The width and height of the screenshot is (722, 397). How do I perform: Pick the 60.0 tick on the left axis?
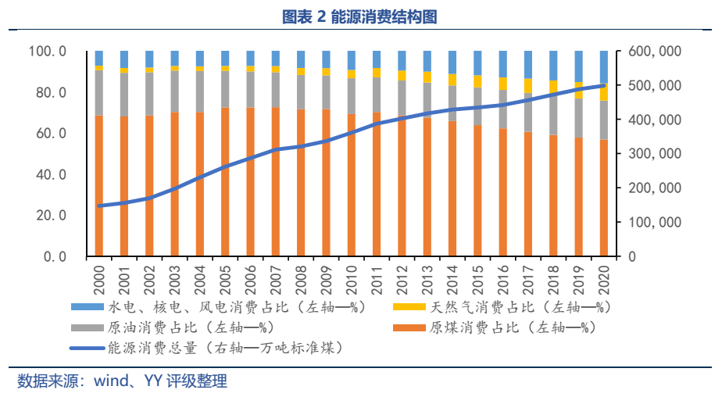click(x=48, y=134)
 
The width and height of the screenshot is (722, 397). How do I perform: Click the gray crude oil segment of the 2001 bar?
click(x=124, y=95)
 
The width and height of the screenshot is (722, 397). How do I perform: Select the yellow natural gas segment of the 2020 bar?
click(x=604, y=93)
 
